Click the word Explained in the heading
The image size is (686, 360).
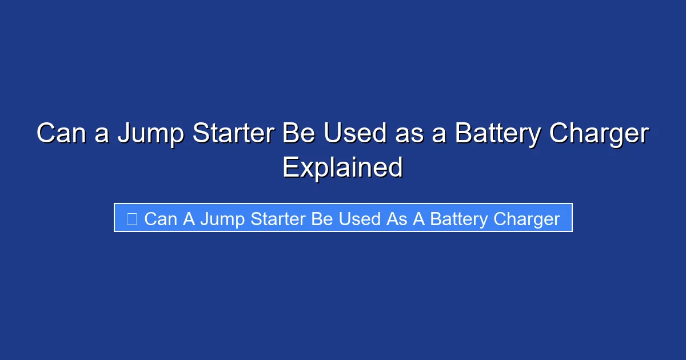(x=342, y=167)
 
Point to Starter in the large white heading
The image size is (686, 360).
(x=231, y=134)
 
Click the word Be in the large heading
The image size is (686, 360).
(x=298, y=134)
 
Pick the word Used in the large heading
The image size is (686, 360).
(x=352, y=134)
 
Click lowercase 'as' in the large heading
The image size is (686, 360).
(x=406, y=134)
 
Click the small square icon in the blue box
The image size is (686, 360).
(x=131, y=219)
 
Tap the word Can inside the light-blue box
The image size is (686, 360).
(x=161, y=219)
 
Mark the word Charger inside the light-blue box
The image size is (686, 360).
(x=527, y=219)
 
